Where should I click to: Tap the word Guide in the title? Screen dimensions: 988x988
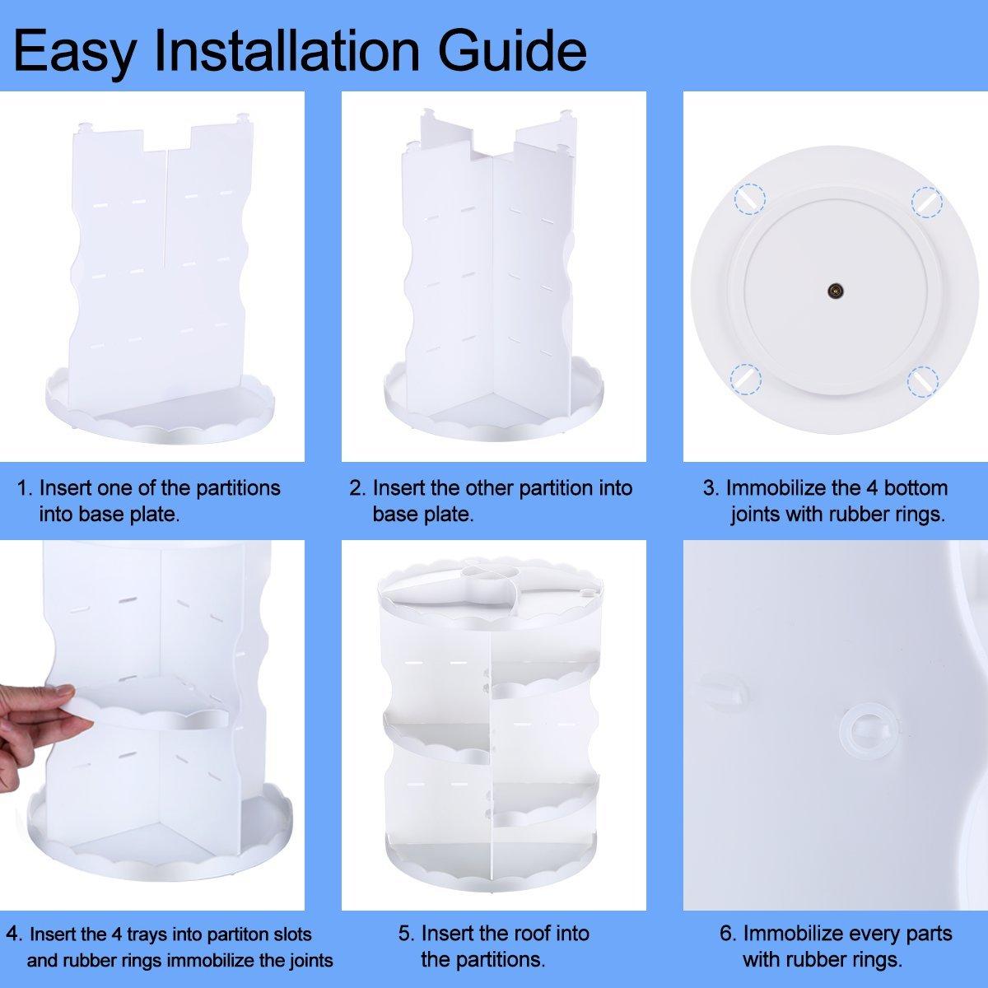513,50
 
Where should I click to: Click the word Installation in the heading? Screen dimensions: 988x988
287,50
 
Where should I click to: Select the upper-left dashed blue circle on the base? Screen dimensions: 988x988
749,199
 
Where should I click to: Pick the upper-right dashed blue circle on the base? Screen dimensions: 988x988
927,201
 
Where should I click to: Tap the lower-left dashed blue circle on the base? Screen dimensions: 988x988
745,379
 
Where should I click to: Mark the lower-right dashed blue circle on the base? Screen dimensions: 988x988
923,381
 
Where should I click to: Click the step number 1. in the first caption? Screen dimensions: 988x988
26,488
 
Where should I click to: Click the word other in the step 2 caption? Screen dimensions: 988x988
489,488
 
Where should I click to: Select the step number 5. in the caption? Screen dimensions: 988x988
406,934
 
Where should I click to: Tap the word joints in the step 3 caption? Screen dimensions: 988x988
755,515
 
